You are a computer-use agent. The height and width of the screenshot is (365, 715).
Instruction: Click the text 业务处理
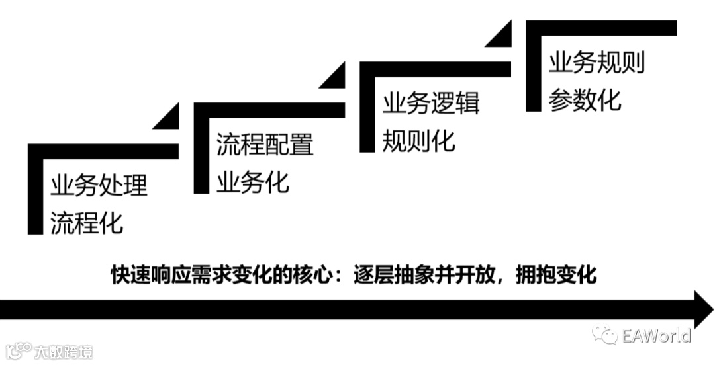coord(99,186)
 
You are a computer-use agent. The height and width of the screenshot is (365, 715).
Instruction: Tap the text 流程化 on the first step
coord(87,223)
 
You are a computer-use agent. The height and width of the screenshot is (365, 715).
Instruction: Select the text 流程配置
coord(265,145)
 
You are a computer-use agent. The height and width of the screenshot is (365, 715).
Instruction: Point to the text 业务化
coord(253,182)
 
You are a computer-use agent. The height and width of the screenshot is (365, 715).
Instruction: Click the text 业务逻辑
coord(431,104)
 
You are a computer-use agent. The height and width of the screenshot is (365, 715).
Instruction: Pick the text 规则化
coord(419,141)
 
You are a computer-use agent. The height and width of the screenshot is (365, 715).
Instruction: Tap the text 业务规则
coord(596,63)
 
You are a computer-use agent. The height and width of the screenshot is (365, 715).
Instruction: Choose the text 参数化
coord(585,100)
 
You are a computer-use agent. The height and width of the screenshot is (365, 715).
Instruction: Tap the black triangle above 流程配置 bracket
coord(168,118)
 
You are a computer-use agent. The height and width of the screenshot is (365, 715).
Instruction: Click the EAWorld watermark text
coord(656,335)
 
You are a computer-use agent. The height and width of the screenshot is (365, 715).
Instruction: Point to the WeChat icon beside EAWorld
coord(605,335)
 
